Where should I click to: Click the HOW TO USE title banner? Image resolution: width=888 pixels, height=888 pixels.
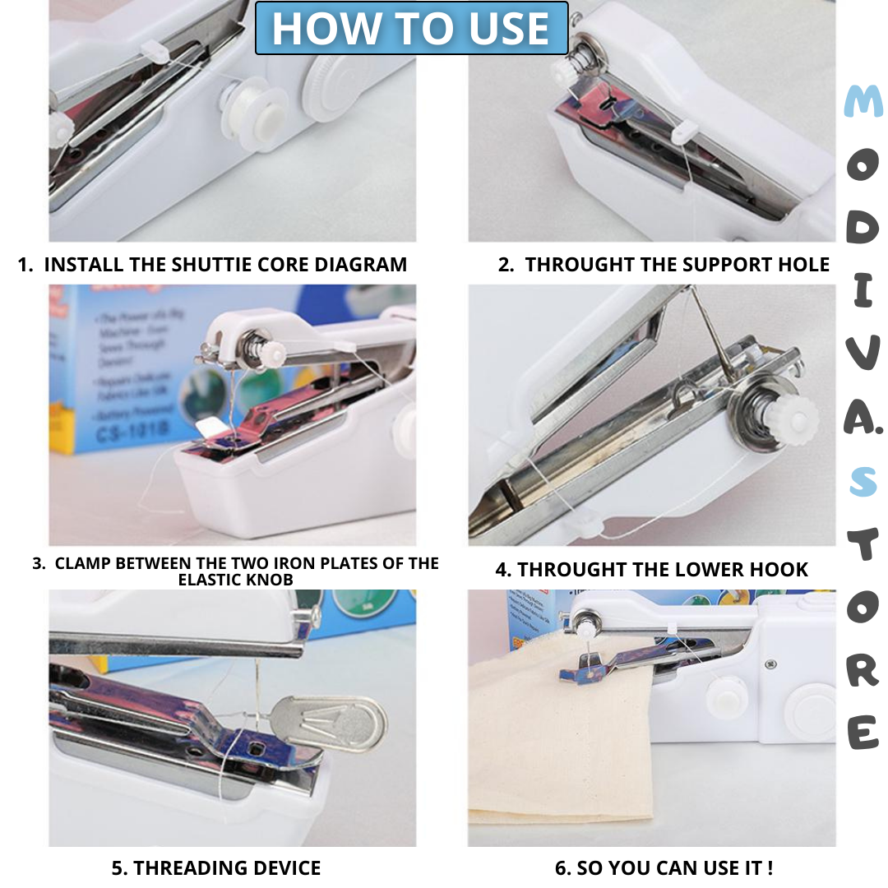coord(411,28)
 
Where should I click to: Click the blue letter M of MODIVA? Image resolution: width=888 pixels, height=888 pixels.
coord(863,102)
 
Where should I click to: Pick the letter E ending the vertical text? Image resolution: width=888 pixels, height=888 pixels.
coord(863,733)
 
